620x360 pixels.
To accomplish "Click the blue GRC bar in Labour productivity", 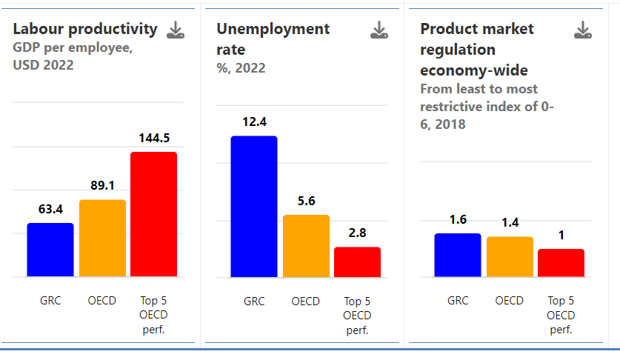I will point(50,250).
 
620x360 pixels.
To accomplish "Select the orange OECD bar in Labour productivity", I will point(102,238).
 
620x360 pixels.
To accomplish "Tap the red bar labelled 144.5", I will point(154,214).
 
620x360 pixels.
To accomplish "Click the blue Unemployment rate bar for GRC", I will point(254,207).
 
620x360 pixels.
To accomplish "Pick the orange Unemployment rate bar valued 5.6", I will point(306,246).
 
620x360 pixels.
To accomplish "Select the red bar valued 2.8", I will point(357,262).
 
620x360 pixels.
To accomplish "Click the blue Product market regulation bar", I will point(458,255).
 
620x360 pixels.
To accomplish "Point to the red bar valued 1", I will point(561,263).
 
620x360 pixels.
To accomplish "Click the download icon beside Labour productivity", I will point(176,30).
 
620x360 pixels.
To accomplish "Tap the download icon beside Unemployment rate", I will point(379,30).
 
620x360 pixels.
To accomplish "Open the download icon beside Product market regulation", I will point(583,30).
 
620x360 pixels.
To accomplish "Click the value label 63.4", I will point(50,210).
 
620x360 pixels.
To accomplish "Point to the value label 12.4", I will point(254,121).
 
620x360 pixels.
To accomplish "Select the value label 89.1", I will point(102,186).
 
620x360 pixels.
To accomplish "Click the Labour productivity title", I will point(85,29).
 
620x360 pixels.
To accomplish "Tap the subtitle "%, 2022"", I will point(241,68).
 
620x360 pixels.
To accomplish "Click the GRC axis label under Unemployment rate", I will point(254,301).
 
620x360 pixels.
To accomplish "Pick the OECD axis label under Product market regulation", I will point(510,301).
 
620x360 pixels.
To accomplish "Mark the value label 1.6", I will point(458,219).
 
